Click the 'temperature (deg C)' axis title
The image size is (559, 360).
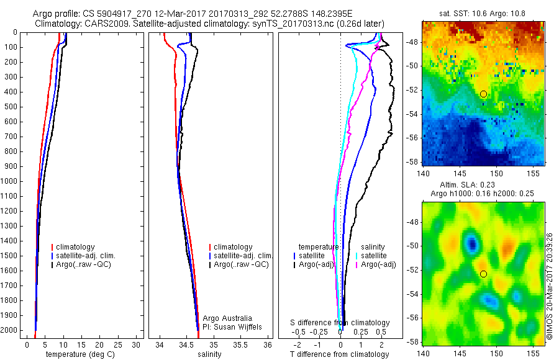click(79, 354)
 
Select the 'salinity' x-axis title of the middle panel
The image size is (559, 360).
click(209, 354)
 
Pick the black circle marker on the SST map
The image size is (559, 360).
click(483, 94)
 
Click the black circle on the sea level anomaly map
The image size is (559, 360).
click(483, 274)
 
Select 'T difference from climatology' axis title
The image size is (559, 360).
click(340, 354)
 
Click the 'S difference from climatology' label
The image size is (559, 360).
click(340, 323)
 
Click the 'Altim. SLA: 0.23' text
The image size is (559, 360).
click(483, 187)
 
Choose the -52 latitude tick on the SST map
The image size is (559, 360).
click(414, 90)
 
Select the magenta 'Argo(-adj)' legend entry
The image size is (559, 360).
click(379, 264)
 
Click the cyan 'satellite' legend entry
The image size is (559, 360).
click(374, 255)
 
